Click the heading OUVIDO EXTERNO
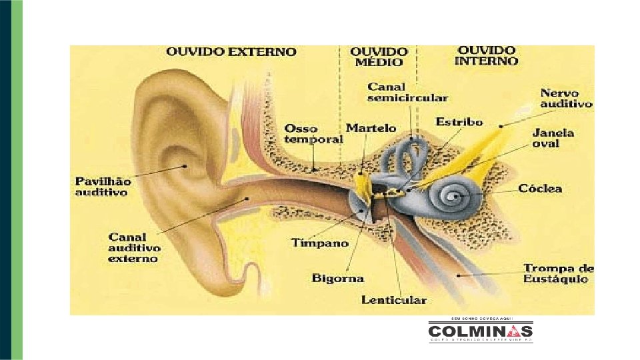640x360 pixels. (231, 51)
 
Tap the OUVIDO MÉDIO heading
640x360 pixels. (379, 56)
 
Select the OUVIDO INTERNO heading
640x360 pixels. (487, 55)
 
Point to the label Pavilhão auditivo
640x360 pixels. (103, 186)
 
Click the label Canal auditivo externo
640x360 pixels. (134, 247)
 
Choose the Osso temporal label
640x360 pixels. (313, 133)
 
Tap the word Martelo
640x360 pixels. (371, 128)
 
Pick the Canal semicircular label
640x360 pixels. (407, 93)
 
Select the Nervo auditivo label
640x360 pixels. (565, 99)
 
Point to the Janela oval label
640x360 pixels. (553, 138)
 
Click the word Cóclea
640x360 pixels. (540, 189)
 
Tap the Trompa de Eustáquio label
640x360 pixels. (559, 273)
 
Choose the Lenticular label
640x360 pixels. (393, 300)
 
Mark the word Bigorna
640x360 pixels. (339, 278)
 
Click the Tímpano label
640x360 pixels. (319, 243)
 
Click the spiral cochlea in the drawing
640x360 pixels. (455, 196)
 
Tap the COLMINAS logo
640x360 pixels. (480, 331)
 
